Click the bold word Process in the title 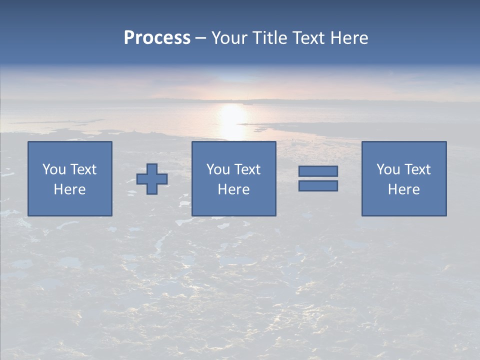pos(157,38)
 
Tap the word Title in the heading pos(269,38)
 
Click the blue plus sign pos(152,179)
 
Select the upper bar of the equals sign pos(318,171)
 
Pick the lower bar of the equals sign pos(318,186)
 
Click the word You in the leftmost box pos(54,169)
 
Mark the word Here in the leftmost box pos(69,189)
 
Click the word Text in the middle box pos(246,169)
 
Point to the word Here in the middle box pos(233,189)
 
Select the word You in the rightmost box pos(388,169)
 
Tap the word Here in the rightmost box pos(403,189)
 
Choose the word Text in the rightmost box pos(416,169)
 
